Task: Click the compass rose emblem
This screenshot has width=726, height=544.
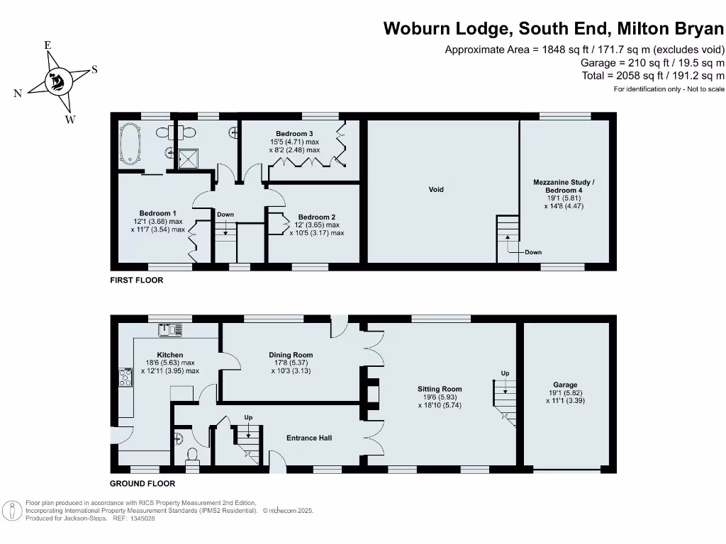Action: (x=56, y=82)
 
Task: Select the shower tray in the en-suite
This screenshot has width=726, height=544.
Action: (x=189, y=159)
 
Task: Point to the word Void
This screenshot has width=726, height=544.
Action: (x=436, y=189)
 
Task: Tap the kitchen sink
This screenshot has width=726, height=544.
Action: (x=171, y=329)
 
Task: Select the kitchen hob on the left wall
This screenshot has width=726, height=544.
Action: (x=126, y=378)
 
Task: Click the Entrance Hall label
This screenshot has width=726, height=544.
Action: (x=309, y=438)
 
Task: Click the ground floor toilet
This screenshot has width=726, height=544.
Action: (x=192, y=455)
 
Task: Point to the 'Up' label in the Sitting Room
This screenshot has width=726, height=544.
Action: (x=505, y=373)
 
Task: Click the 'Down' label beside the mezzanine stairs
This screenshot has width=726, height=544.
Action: (x=533, y=252)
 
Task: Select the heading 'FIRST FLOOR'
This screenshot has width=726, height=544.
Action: (x=136, y=280)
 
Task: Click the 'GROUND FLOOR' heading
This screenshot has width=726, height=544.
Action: (x=142, y=484)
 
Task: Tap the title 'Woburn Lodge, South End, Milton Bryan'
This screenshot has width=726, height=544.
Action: (x=554, y=29)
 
